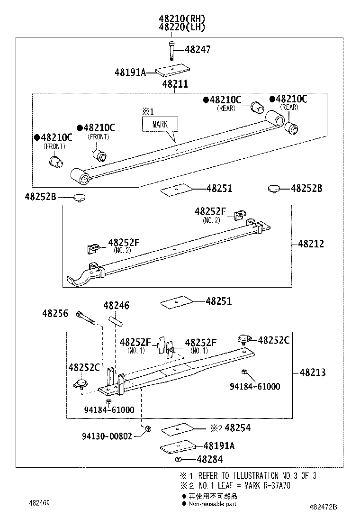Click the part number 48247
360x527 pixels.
(198, 50)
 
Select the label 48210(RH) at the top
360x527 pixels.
(182, 19)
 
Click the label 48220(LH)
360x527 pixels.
(182, 27)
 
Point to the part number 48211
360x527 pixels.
(175, 84)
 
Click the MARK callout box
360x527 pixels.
(160, 125)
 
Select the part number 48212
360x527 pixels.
(311, 244)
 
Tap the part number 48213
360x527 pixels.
(312, 373)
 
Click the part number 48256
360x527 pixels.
(55, 313)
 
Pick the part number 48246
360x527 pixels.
(116, 306)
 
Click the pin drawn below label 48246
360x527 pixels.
(117, 321)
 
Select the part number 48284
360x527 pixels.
(209, 459)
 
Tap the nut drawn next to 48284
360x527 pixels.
(178, 460)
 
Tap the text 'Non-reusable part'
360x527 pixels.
(212, 504)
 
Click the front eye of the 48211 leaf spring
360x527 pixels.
(79, 177)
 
